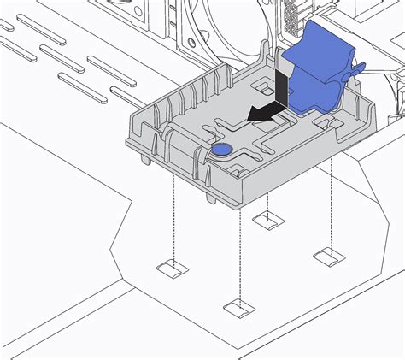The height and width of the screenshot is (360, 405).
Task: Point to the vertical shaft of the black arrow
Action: [x=282, y=86]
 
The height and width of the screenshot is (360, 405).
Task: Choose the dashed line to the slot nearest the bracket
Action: [x=268, y=203]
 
